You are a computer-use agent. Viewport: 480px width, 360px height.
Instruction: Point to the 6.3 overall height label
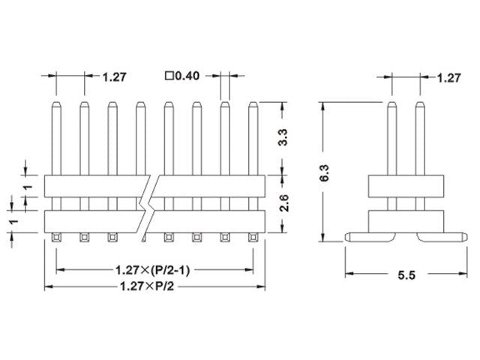324,178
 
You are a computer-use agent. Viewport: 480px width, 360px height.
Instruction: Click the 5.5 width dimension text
405,274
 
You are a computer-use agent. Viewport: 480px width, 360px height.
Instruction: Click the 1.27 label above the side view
448,76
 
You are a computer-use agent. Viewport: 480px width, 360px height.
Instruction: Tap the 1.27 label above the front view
114,76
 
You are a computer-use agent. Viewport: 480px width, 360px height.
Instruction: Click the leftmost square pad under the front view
56,238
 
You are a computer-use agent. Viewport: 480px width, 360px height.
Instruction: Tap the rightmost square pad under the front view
253,238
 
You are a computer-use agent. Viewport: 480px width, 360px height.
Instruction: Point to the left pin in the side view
391,139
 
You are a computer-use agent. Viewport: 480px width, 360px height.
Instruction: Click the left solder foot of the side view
361,237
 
